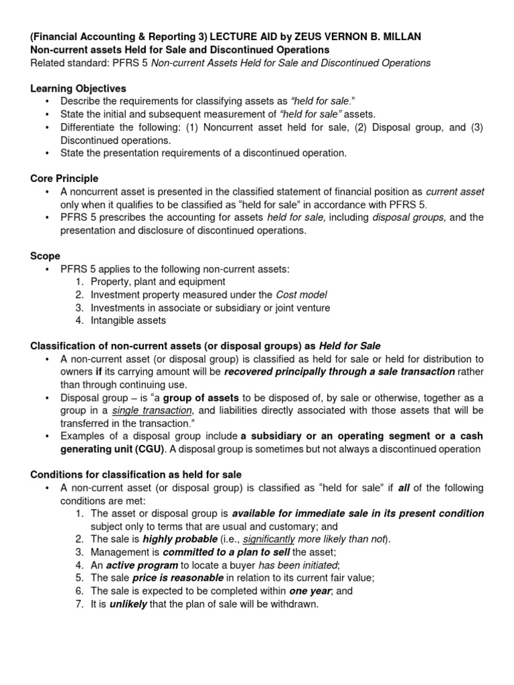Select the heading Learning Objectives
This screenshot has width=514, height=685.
(78, 89)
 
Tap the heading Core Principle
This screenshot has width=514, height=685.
(64, 179)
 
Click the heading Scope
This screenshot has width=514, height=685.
(46, 256)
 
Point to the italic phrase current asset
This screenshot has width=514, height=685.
(454, 192)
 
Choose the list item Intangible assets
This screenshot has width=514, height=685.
(128, 320)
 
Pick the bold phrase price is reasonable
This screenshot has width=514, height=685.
(177, 578)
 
